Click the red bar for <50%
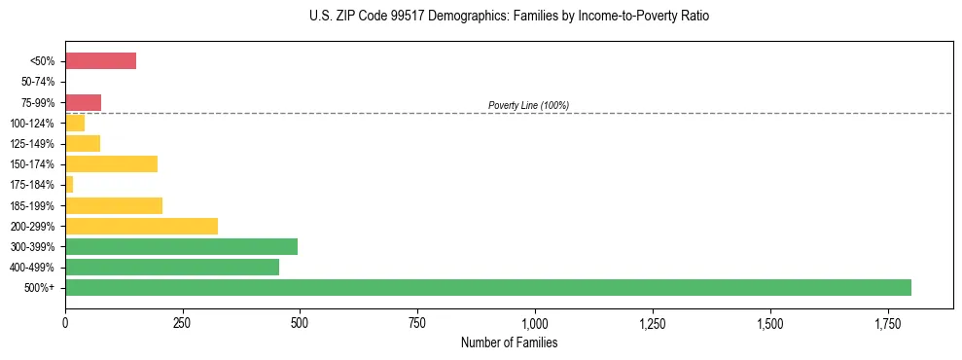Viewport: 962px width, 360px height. (x=100, y=61)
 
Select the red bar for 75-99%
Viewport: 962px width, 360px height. (x=83, y=102)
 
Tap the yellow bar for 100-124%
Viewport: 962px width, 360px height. (x=75, y=123)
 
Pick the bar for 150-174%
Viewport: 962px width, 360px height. (x=111, y=164)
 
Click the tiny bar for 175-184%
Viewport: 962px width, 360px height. (x=69, y=185)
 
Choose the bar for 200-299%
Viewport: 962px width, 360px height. (x=141, y=226)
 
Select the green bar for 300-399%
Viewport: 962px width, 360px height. (x=181, y=246)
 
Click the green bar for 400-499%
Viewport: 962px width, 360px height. (x=172, y=267)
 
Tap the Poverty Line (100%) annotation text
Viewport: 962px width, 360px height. (x=528, y=105)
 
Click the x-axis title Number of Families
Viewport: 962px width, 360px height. (x=509, y=343)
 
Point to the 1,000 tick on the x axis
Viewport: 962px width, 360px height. (x=535, y=322)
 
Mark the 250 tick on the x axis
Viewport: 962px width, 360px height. (x=183, y=322)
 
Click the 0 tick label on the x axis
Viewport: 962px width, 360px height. (x=65, y=322)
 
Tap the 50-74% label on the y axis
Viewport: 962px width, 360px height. (x=38, y=82)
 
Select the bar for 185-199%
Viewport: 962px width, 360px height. (x=114, y=205)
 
